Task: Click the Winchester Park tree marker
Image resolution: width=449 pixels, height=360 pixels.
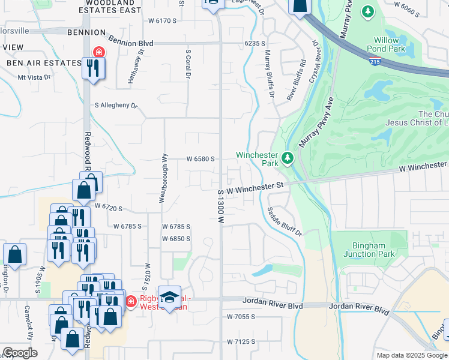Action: [x=288, y=158]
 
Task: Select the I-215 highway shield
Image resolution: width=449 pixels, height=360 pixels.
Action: [x=375, y=61]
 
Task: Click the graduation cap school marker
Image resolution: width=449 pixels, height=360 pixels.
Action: [x=170, y=298]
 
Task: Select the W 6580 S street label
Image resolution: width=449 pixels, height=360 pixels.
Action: [x=200, y=159]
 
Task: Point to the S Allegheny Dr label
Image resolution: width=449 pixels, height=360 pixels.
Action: [x=116, y=105]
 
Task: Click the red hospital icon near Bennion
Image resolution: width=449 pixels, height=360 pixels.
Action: [x=97, y=52]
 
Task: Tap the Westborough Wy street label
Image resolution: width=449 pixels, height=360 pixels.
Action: [x=163, y=178]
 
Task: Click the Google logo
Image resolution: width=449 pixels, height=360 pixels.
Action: [x=20, y=353]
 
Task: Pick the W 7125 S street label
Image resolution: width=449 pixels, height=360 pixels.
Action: [x=241, y=341]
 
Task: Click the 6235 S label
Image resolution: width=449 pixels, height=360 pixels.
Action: [x=255, y=43]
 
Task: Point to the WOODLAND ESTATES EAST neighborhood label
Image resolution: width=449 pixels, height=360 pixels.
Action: [x=109, y=7]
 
